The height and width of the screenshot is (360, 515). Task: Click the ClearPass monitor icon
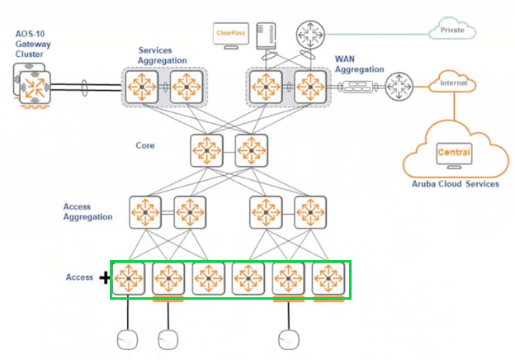[x=231, y=36]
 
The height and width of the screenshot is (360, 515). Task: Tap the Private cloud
[x=452, y=29]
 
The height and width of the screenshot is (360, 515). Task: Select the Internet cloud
[x=453, y=82]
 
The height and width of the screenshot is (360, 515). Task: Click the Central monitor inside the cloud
[x=454, y=155]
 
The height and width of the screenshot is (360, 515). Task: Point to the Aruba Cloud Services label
[x=456, y=184]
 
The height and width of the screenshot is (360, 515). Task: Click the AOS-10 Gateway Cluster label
[x=33, y=44]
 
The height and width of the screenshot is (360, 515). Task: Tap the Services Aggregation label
[x=163, y=55]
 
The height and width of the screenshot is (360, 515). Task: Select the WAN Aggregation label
[x=359, y=64]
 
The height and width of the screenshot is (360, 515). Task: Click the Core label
[x=145, y=145]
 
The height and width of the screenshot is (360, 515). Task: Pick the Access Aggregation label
[x=88, y=212]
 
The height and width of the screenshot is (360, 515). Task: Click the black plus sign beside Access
[x=105, y=278]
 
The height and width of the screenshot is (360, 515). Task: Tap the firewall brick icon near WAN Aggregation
[x=357, y=87]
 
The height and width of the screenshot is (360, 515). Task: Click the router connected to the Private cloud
[x=310, y=35]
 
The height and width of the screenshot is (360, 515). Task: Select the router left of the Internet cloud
[x=399, y=87]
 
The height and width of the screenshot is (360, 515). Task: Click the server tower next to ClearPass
[x=266, y=36]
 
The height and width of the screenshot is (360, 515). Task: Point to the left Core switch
[x=206, y=150]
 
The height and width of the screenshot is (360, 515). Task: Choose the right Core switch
[x=251, y=150]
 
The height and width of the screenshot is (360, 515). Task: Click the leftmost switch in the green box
[x=129, y=278]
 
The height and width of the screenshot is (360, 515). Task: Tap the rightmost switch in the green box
[x=328, y=278]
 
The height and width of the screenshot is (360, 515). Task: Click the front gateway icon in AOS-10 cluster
[x=35, y=88]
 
